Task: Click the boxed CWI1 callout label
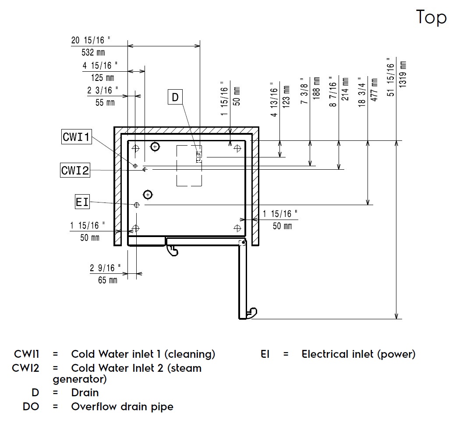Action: [76, 137]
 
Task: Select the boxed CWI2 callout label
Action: [75, 170]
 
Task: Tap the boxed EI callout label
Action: [82, 202]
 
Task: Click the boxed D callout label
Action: [175, 97]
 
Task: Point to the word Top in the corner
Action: [431, 17]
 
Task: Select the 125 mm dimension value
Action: [103, 78]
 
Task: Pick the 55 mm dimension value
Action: [105, 102]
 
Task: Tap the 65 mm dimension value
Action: [108, 280]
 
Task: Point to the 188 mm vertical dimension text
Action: [317, 89]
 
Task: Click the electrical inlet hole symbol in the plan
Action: [137, 204]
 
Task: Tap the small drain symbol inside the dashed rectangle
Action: [198, 155]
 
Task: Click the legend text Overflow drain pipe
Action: [122, 407]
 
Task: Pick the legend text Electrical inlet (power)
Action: [358, 354]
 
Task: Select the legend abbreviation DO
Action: [31, 407]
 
